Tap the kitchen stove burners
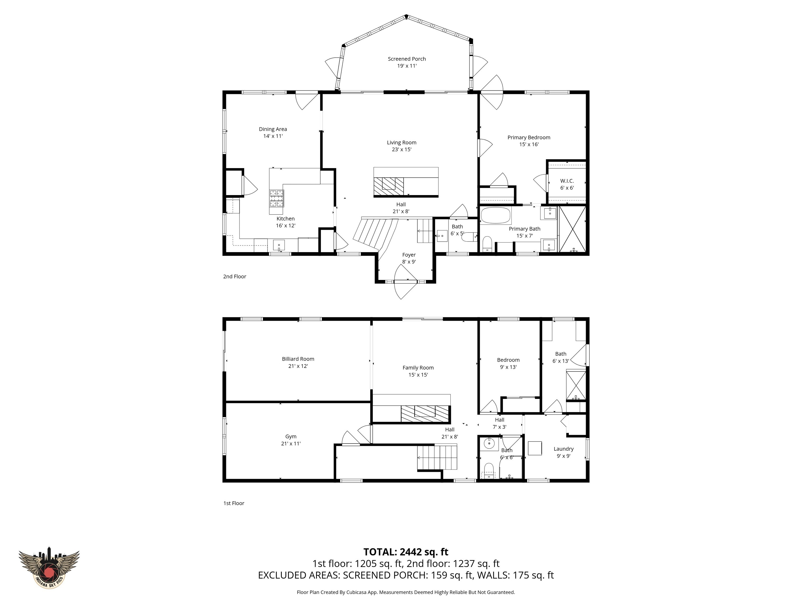[x=277, y=198]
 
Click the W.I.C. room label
[x=567, y=181]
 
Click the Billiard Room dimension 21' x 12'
[x=298, y=366]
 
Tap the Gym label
[x=291, y=436]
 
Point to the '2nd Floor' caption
[x=234, y=276]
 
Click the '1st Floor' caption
[x=234, y=503]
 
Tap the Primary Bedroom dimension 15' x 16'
[x=529, y=144]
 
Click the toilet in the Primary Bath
[x=487, y=243]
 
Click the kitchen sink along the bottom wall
[x=279, y=245]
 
